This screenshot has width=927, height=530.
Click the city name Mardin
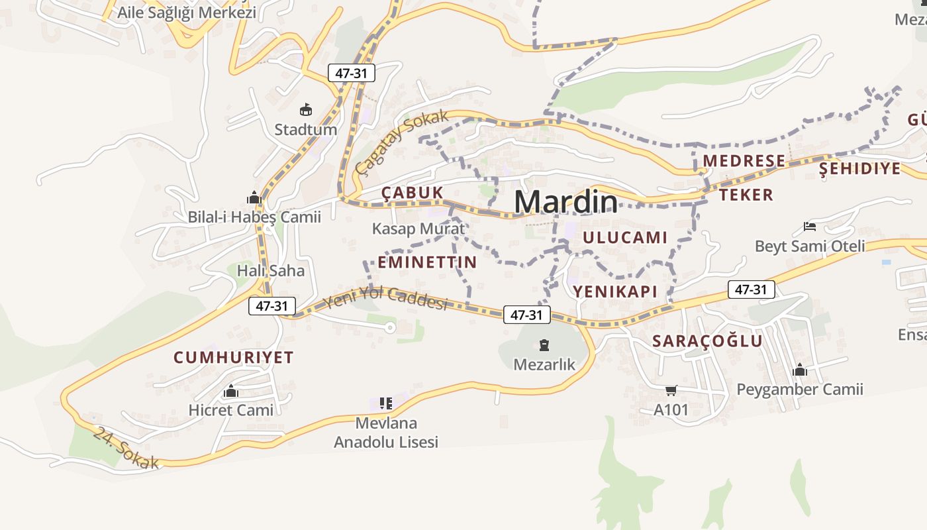coord(565,201)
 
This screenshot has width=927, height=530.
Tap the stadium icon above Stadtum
coord(305,110)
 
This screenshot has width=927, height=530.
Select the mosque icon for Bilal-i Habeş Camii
coord(254,197)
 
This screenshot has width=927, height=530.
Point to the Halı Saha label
coord(271,270)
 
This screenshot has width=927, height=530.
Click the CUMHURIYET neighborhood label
coord(233,357)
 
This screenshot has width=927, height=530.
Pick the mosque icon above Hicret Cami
coord(230,392)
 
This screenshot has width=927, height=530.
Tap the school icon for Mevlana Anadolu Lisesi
coord(386,403)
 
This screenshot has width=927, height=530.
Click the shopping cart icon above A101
coord(671,390)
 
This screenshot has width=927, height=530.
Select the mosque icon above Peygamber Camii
coord(800,370)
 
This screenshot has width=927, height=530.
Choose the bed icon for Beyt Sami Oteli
coord(810,227)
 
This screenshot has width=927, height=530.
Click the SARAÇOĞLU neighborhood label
coord(707,341)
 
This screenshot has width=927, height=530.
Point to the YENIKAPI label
coord(614,291)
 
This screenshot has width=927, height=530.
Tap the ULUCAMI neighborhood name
coord(625,237)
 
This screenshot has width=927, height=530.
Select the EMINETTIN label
coord(427,262)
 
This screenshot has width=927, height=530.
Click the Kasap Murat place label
coord(418,229)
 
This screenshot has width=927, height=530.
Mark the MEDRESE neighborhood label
coord(744,161)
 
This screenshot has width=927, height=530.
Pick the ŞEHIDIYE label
coord(859,168)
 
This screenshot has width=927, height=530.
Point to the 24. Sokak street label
coord(126,449)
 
